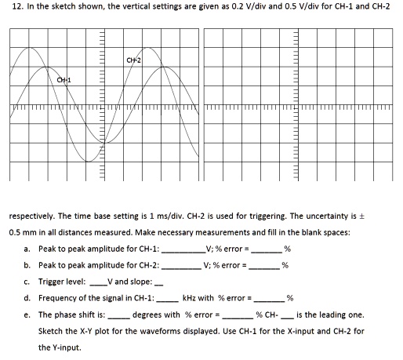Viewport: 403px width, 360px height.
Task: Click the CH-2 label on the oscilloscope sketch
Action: [133, 60]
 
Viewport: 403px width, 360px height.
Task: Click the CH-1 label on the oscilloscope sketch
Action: [63, 81]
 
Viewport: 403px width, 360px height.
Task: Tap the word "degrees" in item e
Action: [149, 315]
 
